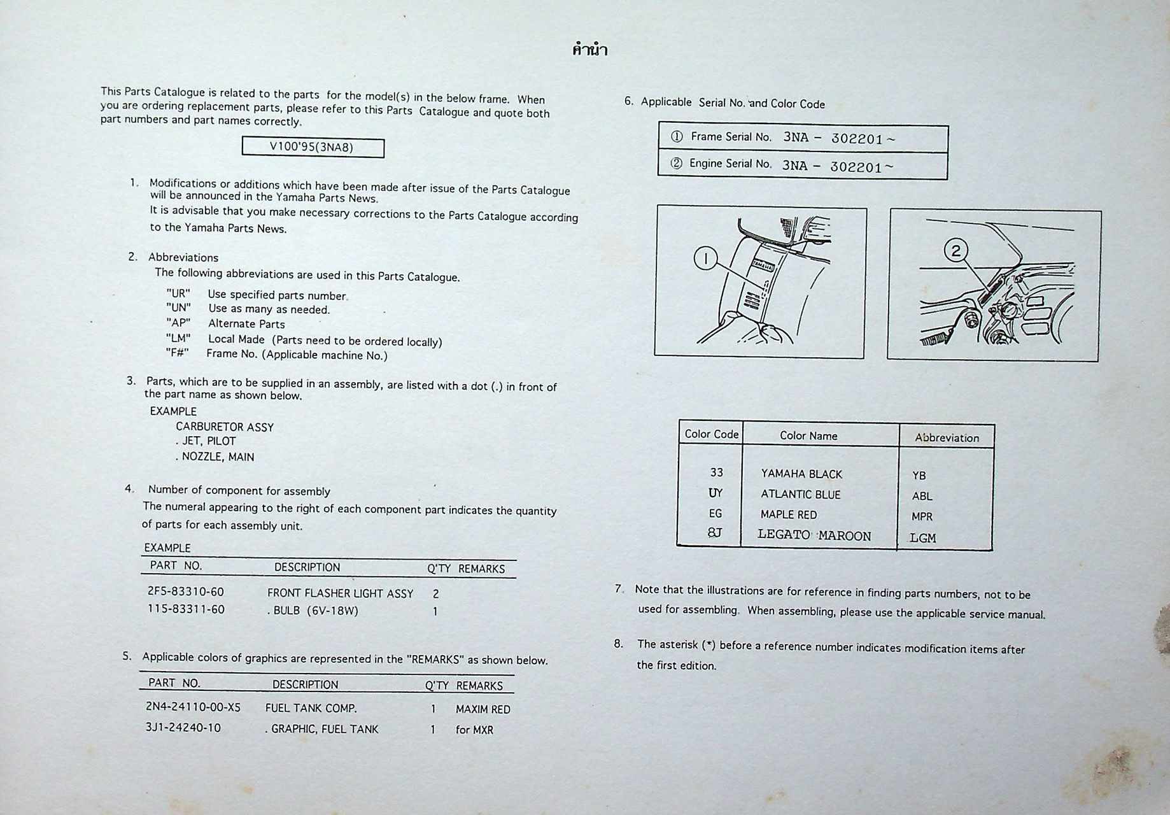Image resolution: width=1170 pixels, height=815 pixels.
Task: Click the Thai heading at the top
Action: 589,50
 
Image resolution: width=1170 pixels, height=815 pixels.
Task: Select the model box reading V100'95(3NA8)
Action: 313,148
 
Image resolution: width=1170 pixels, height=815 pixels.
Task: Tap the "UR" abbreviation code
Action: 178,294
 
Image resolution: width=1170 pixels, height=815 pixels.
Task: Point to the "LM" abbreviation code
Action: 178,338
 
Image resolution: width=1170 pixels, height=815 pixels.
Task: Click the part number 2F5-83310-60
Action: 186,592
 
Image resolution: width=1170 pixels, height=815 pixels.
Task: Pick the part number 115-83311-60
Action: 186,609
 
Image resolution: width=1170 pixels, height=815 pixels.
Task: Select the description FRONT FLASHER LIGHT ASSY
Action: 340,593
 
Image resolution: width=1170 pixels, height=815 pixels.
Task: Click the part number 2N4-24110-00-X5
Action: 193,707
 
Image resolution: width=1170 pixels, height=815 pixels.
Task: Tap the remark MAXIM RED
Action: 483,709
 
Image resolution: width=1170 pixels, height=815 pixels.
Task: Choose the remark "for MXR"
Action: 474,730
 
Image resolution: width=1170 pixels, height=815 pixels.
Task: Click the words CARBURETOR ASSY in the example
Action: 225,427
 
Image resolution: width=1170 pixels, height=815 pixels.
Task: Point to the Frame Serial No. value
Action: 838,138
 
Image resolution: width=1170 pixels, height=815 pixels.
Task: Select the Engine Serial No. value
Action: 837,166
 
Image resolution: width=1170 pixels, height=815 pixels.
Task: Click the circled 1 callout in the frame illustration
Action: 705,259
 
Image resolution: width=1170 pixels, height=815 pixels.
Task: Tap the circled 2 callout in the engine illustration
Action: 955,250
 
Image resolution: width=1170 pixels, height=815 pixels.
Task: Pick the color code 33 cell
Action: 716,472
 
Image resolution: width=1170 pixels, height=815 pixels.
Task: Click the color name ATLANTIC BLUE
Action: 800,495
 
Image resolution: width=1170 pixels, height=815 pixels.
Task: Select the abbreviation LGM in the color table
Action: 922,538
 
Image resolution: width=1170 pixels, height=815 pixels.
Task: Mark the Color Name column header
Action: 808,436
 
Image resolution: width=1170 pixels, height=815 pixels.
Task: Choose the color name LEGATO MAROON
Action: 814,535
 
